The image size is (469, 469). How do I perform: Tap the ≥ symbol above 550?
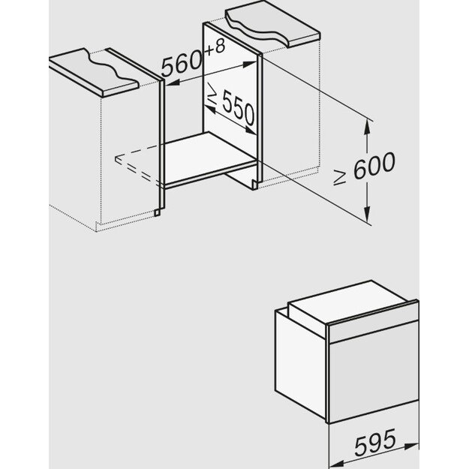point(212,96)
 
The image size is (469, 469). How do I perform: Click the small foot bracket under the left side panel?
point(157,212)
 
